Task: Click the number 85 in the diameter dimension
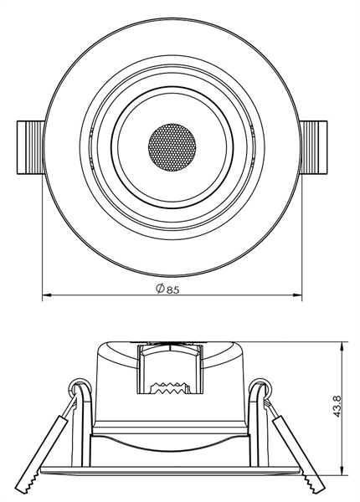coord(173,290)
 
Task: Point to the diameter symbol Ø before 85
coord(160,290)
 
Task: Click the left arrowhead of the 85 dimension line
coord(46,295)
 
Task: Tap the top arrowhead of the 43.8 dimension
coord(344,345)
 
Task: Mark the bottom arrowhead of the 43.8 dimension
coord(344,471)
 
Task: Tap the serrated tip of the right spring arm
coord(316,484)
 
